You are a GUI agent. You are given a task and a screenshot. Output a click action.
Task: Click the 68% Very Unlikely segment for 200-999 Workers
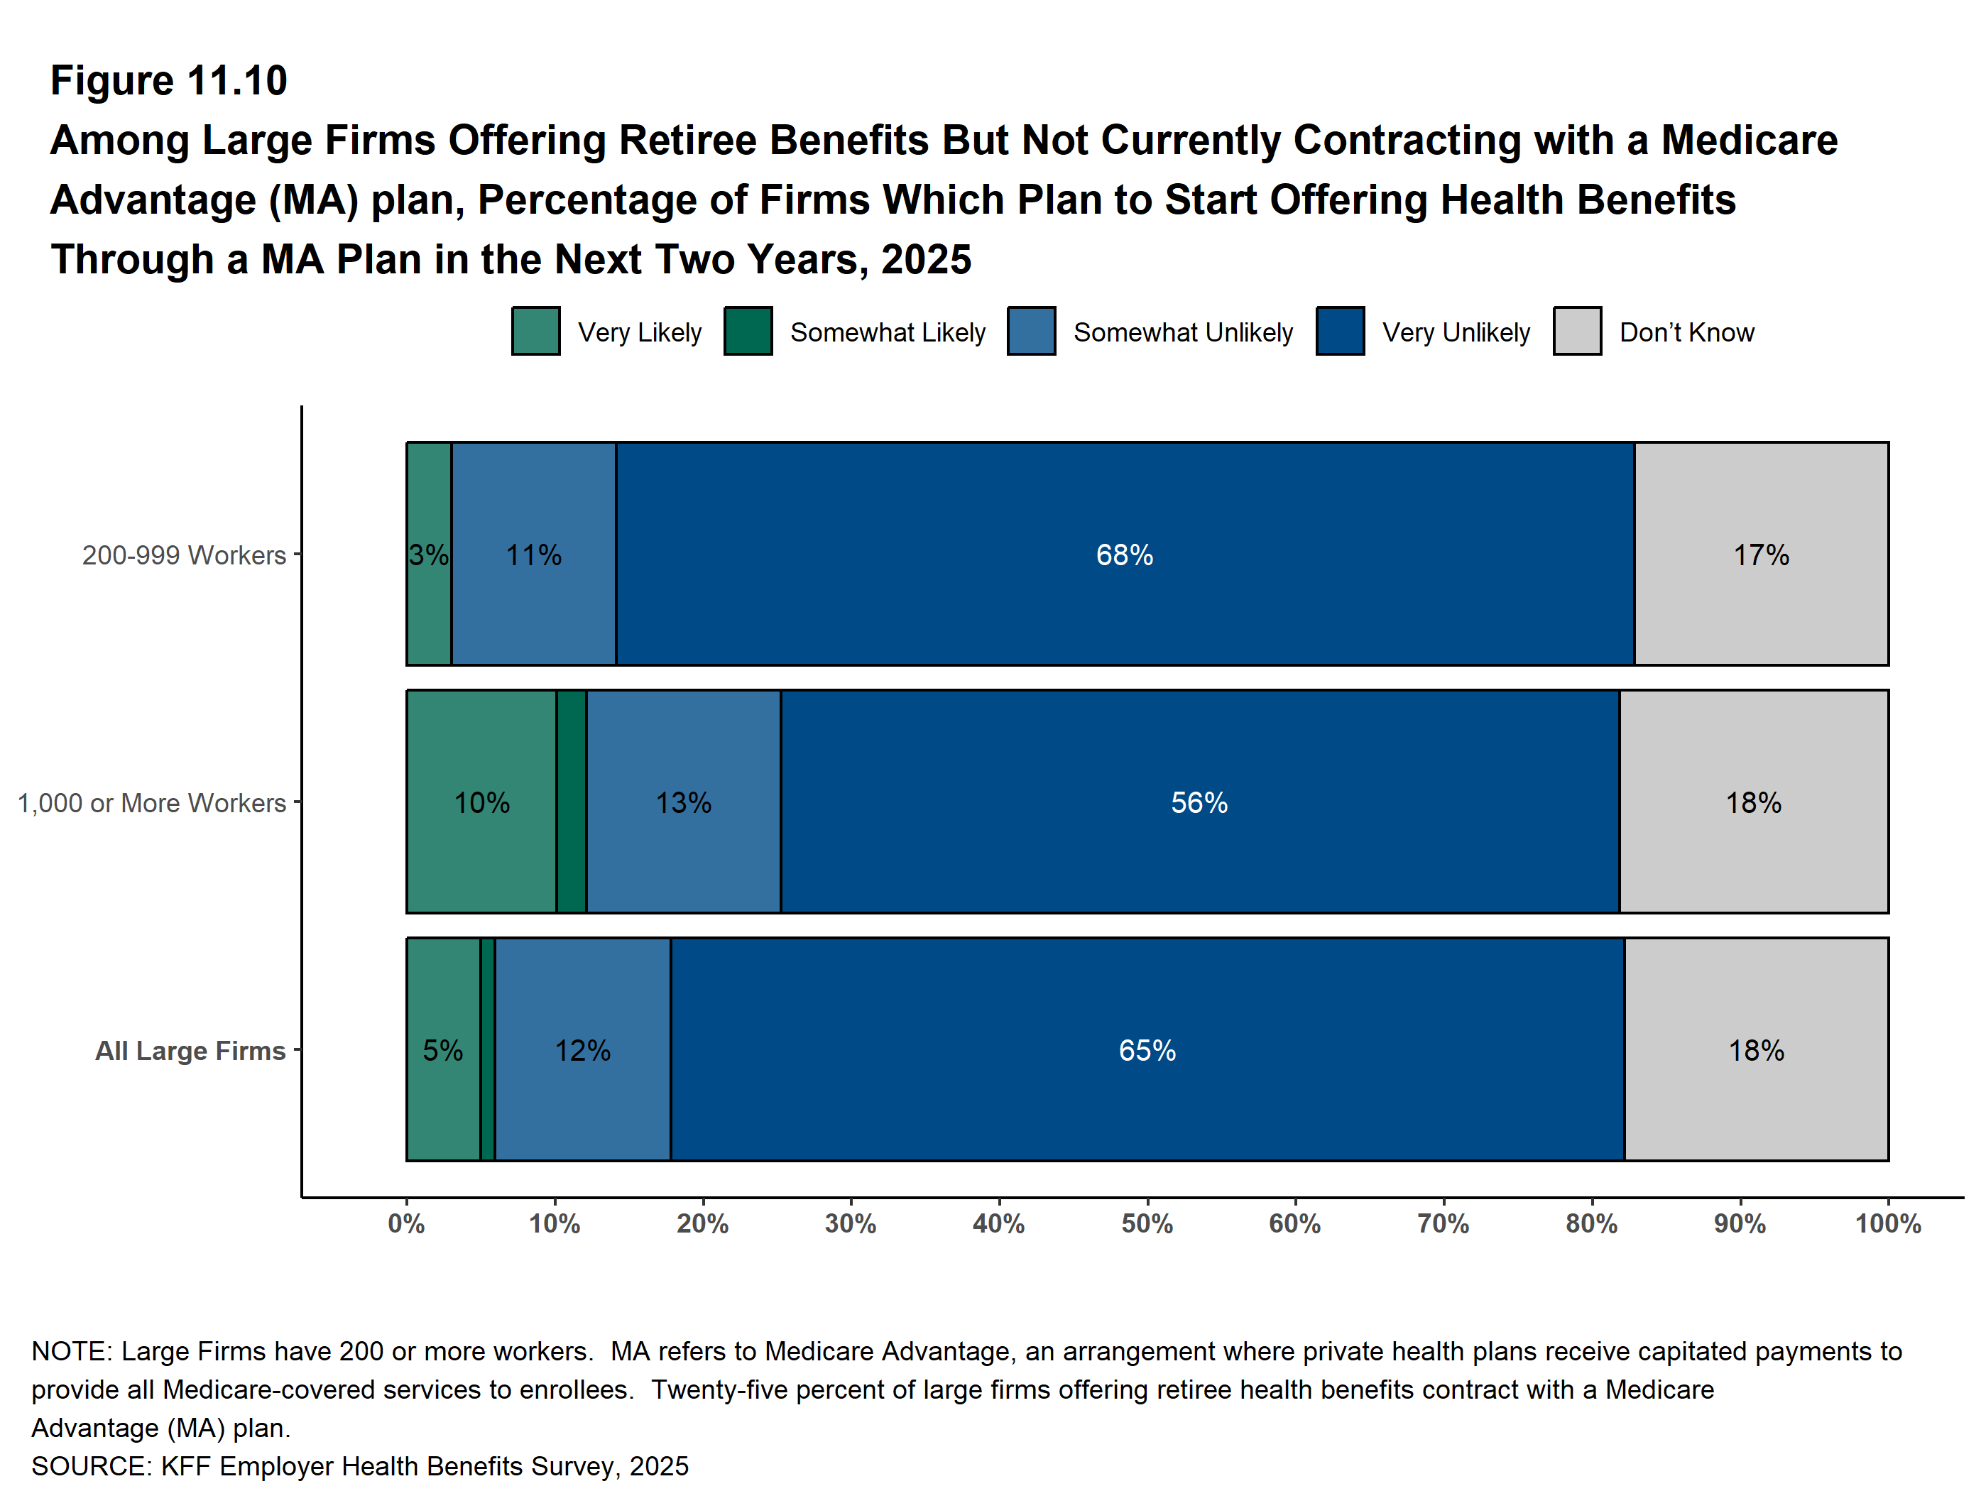(x=1124, y=555)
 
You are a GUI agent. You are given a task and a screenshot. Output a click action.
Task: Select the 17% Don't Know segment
(x=1761, y=555)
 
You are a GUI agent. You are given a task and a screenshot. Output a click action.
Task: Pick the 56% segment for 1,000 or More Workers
(x=1199, y=802)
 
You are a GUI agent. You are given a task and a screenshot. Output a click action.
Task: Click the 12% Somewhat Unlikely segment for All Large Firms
(x=582, y=1049)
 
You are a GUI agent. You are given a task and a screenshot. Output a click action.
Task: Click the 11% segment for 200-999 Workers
(x=534, y=555)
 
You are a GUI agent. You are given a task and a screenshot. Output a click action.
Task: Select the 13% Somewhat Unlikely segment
(x=683, y=802)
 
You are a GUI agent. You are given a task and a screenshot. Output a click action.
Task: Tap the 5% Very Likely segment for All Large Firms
(x=442, y=1049)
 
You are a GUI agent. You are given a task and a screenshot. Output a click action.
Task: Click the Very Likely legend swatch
(x=535, y=332)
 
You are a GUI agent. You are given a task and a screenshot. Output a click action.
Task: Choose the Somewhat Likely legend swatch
(x=748, y=332)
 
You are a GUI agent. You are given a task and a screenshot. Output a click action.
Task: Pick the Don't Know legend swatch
(x=1577, y=332)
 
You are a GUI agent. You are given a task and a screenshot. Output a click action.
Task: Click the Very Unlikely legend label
(x=1456, y=332)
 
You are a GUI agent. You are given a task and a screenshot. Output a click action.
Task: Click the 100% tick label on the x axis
(x=1888, y=1223)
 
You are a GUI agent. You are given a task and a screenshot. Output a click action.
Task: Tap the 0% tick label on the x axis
(x=407, y=1223)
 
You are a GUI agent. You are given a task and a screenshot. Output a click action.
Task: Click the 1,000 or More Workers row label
(x=152, y=803)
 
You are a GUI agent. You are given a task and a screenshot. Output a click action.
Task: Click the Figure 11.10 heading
(x=168, y=81)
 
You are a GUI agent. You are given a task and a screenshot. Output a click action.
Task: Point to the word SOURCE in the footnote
(x=89, y=1466)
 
